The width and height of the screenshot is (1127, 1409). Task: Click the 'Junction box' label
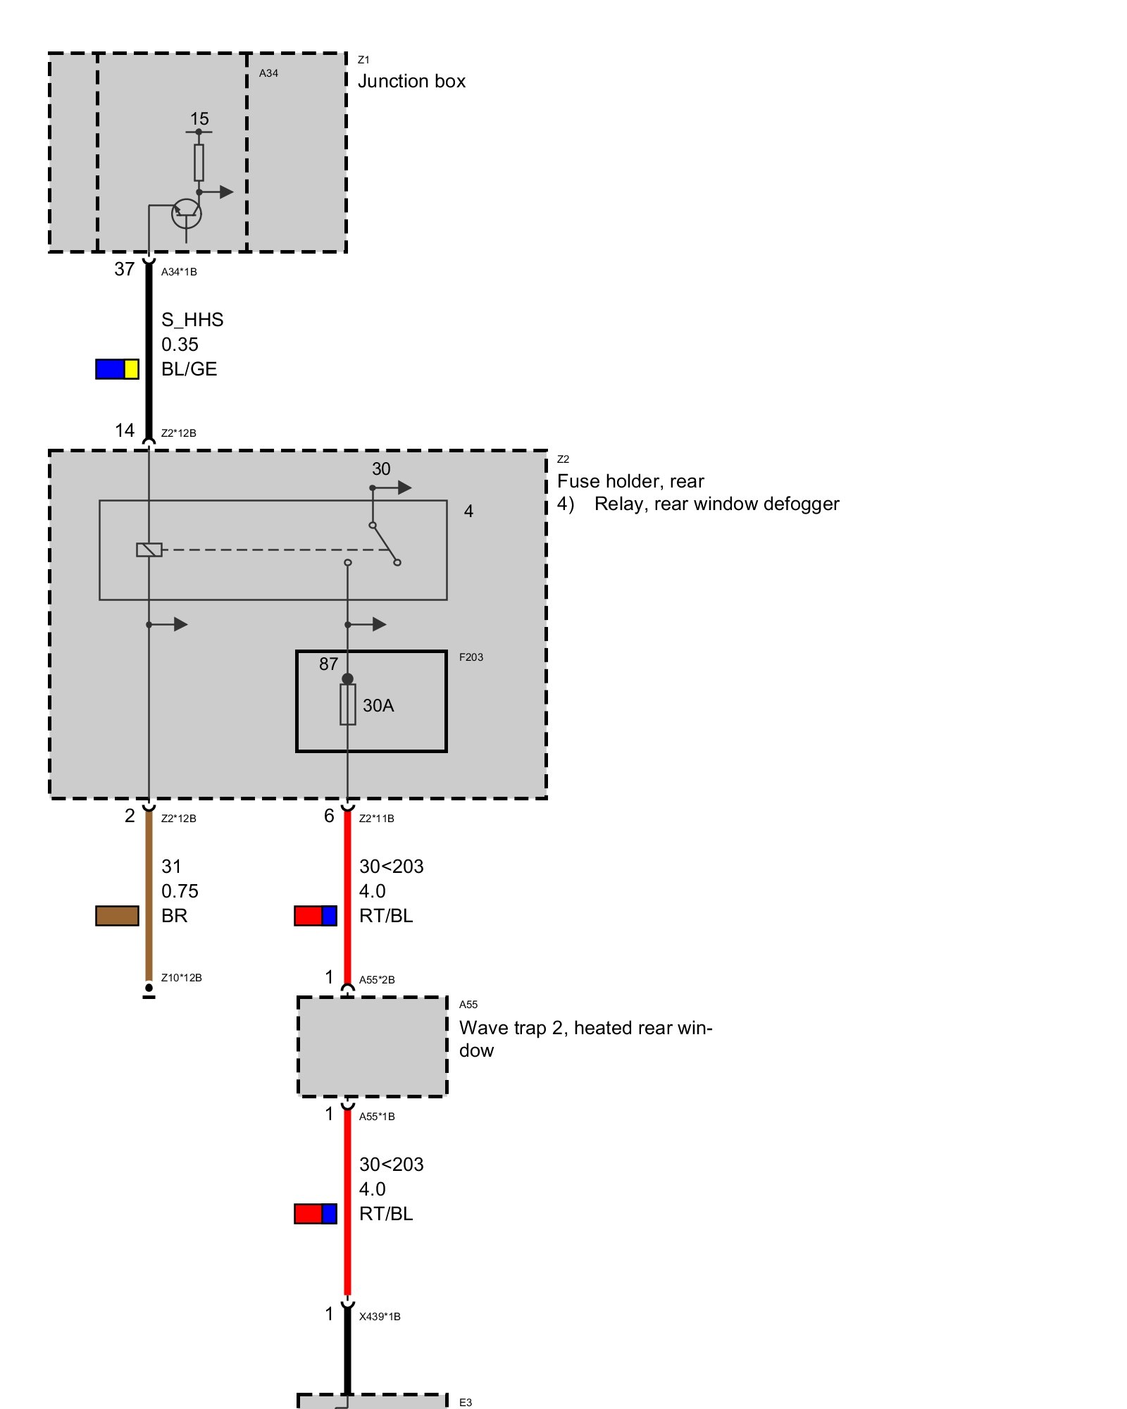pos(411,82)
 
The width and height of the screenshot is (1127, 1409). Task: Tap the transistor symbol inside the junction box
pos(187,213)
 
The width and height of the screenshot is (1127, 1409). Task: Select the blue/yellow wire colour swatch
pos(117,369)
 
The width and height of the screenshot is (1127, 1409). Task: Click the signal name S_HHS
pos(192,320)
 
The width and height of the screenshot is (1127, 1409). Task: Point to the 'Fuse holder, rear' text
pos(630,481)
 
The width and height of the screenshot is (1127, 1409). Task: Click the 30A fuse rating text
pos(378,706)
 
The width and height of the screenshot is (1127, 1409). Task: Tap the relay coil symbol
pos(149,550)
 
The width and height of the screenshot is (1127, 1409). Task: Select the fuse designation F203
pos(471,657)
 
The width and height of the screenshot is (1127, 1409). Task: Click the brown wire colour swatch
pos(117,916)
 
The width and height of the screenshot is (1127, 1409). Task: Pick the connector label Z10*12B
pos(182,978)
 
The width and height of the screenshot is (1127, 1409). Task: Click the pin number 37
pos(125,269)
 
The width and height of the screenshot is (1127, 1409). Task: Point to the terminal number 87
pos(329,664)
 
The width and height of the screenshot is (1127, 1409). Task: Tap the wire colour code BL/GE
pos(189,369)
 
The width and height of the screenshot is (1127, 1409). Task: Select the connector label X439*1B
pos(380,1317)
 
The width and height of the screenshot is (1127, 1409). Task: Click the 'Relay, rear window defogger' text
pos(717,504)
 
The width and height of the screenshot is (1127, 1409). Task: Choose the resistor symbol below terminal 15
pos(199,163)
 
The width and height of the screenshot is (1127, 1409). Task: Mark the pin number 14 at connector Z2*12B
pos(125,430)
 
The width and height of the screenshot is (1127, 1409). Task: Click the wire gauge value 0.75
pos(180,891)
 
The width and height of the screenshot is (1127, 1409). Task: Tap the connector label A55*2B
pos(377,980)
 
